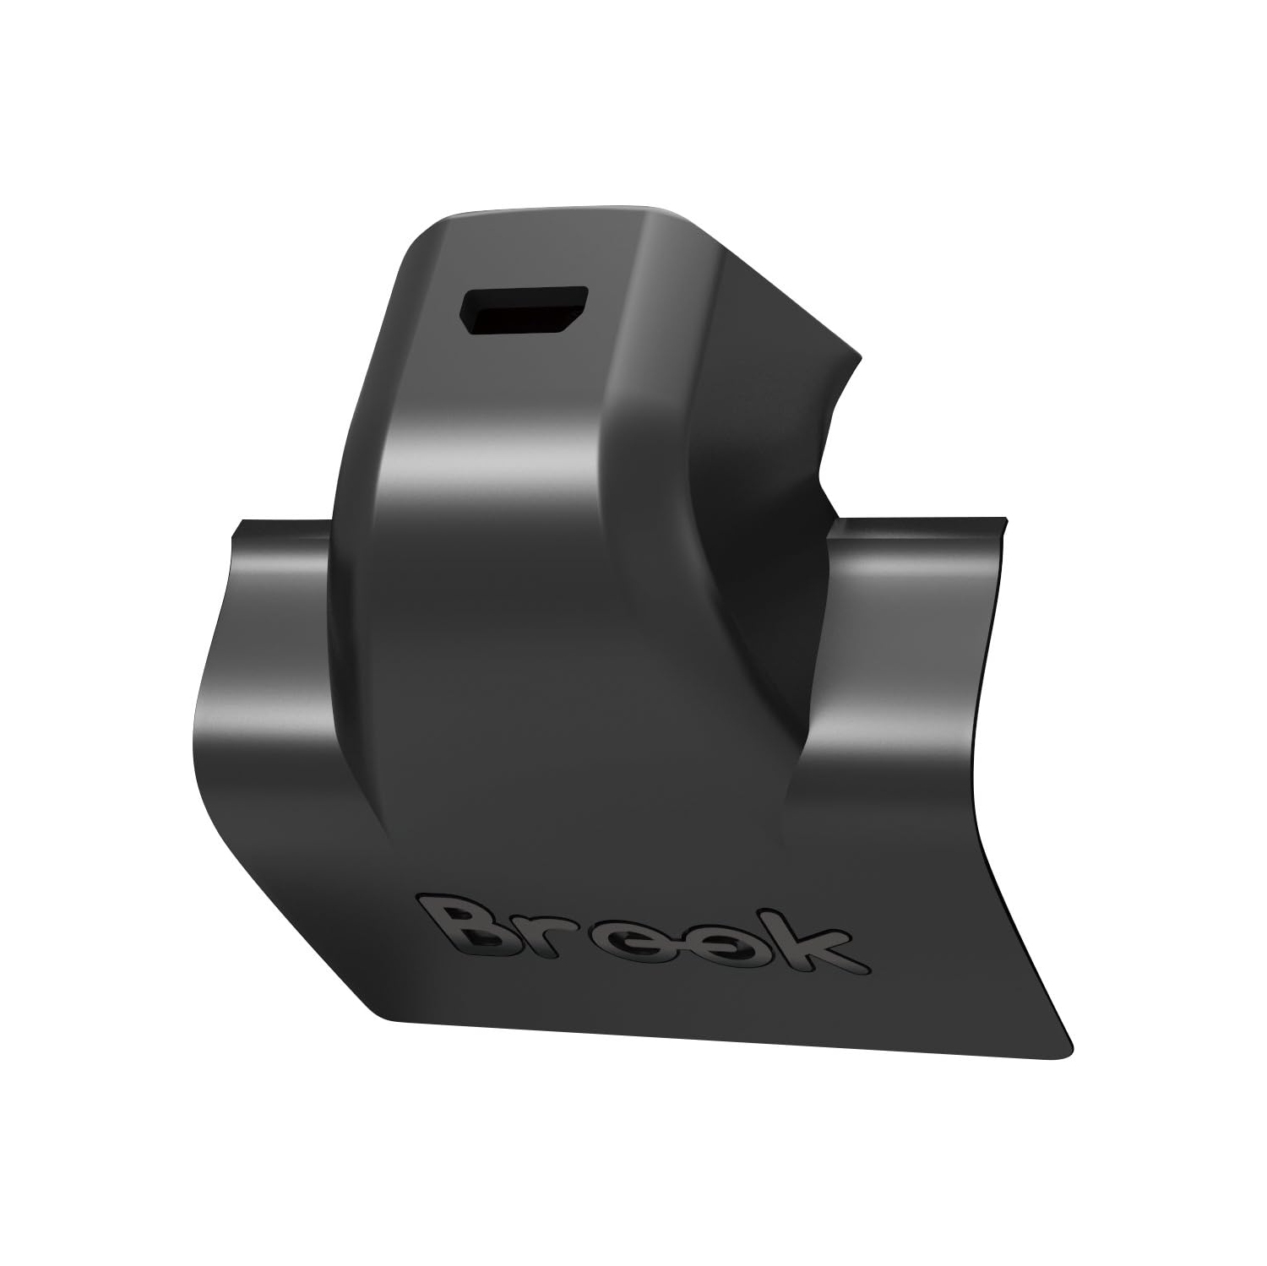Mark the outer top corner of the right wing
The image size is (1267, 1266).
pyautogui.click(x=1005, y=519)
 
